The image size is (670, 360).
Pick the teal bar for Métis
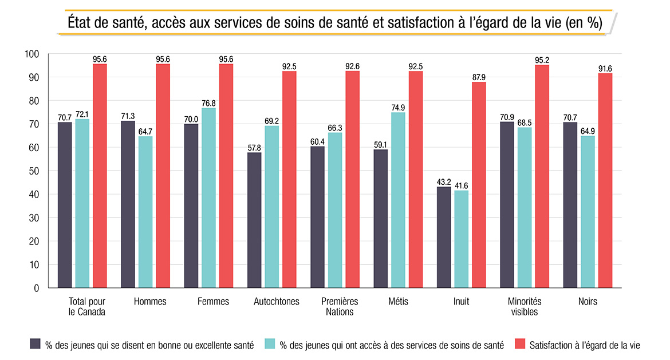click(398, 200)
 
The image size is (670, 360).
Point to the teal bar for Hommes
click(145, 212)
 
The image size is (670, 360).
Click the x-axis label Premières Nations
click(340, 306)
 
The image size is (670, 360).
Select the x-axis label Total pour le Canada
click(86, 306)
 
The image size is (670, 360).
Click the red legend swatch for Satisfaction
click(519, 344)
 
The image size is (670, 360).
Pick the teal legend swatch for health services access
click(270, 344)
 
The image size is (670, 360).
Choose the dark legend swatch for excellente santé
click(35, 344)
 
